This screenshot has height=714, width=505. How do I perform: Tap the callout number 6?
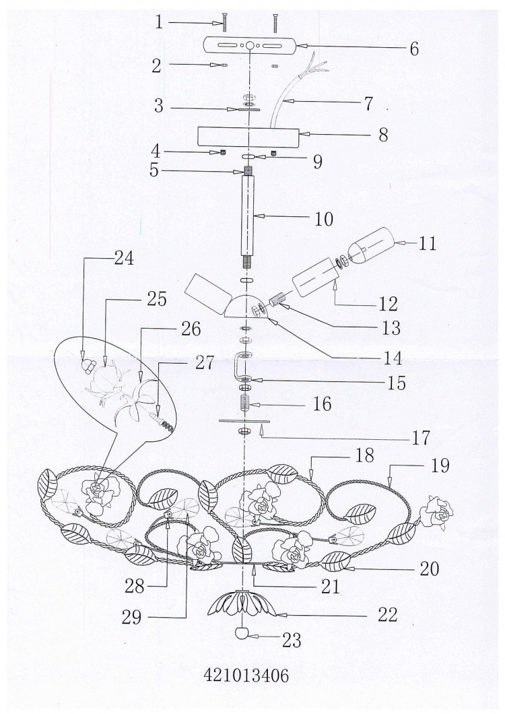(x=413, y=48)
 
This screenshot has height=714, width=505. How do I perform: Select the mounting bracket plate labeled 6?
(x=250, y=46)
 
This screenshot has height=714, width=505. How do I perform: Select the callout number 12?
(x=387, y=304)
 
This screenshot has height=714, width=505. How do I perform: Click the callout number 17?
(x=421, y=438)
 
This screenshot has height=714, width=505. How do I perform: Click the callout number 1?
(x=158, y=21)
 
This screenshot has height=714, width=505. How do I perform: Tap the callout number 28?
(x=135, y=586)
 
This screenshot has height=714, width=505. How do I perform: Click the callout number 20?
(x=429, y=569)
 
